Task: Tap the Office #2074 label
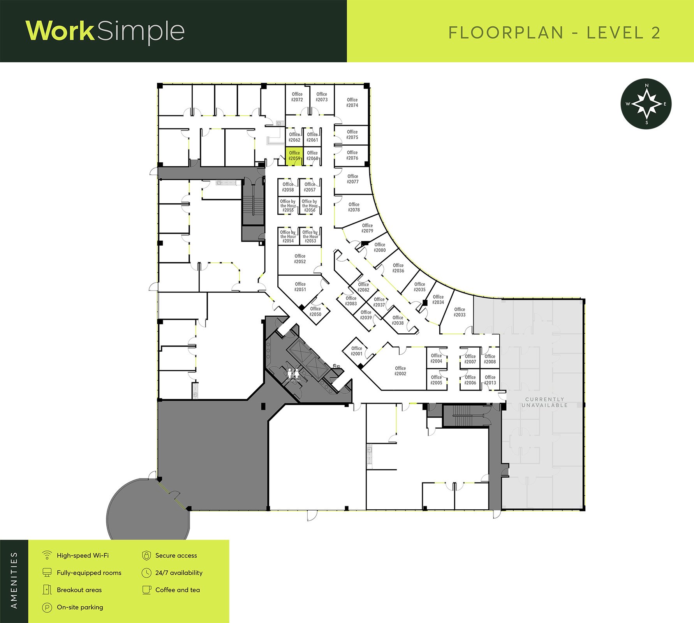(352, 102)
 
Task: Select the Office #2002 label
(400, 371)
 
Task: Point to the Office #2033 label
(460, 312)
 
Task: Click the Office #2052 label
(300, 259)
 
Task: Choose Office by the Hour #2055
(288, 206)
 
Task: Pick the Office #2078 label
(354, 207)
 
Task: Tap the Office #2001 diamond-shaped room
(357, 352)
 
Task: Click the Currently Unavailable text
(544, 402)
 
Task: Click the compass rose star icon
(646, 104)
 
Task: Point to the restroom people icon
(293, 373)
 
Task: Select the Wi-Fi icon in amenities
(47, 555)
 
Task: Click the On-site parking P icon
(47, 607)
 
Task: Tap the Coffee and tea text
(178, 590)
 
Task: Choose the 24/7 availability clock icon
(146, 573)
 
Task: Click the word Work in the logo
(60, 31)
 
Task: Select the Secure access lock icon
(146, 555)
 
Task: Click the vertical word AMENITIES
(14, 580)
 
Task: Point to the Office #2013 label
(490, 380)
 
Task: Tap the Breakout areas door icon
(47, 590)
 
